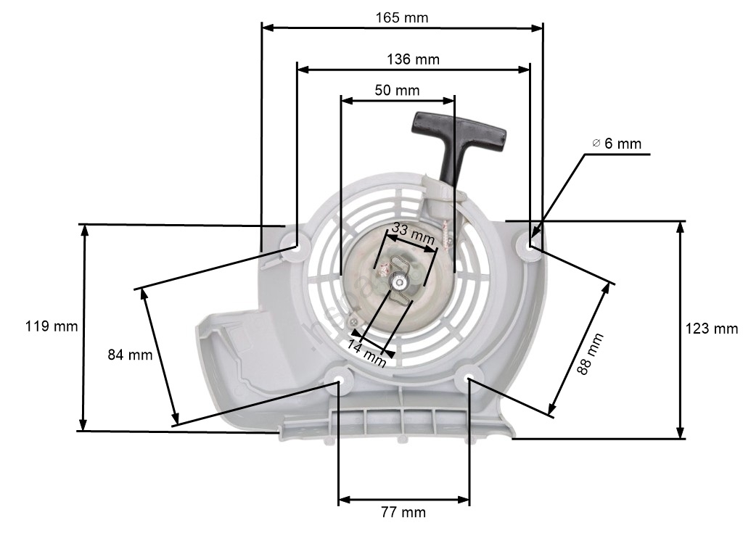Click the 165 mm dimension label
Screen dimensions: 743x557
point(402,18)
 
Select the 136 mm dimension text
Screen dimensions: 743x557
point(413,59)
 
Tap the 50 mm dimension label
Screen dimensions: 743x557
point(397,90)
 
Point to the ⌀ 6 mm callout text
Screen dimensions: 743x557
point(617,144)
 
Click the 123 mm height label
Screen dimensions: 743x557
point(712,329)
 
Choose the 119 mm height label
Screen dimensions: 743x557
point(52,326)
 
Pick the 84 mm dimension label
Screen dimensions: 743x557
point(131,355)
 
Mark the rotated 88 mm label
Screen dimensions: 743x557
point(590,354)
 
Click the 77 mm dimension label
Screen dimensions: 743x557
point(403,512)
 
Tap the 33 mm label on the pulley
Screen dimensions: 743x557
point(413,234)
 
